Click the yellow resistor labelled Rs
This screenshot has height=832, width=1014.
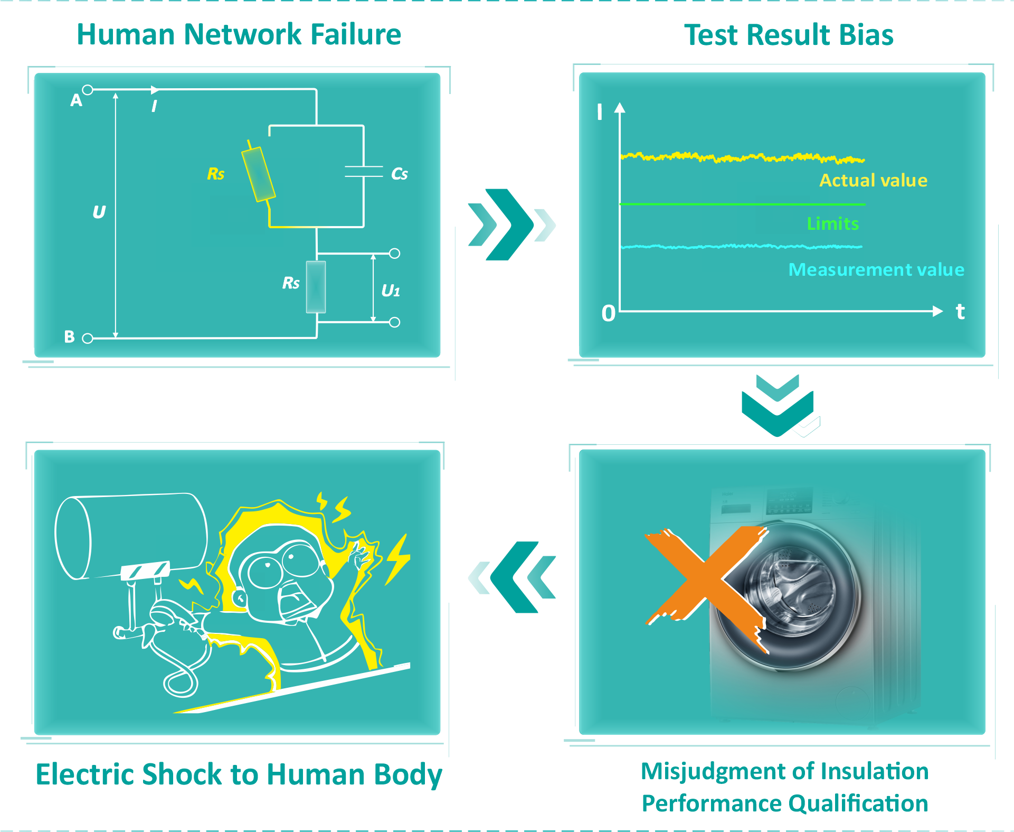(259, 174)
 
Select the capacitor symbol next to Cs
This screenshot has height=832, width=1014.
(364, 172)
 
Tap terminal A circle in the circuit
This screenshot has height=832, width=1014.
(88, 90)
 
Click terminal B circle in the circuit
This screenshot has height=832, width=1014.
(88, 338)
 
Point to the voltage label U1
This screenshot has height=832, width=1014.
(391, 291)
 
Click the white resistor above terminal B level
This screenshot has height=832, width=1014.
(316, 287)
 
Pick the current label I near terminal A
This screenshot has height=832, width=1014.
(154, 106)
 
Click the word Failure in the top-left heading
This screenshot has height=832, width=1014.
(356, 34)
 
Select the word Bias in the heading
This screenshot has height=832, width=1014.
(866, 35)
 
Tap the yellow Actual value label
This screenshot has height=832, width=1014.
(874, 180)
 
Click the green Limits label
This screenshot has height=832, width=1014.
(833, 223)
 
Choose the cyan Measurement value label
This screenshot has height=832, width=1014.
(876, 269)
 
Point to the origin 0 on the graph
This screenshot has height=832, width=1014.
(609, 313)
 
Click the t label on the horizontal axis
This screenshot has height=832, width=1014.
(961, 311)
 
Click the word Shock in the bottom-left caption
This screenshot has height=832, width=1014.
(183, 774)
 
